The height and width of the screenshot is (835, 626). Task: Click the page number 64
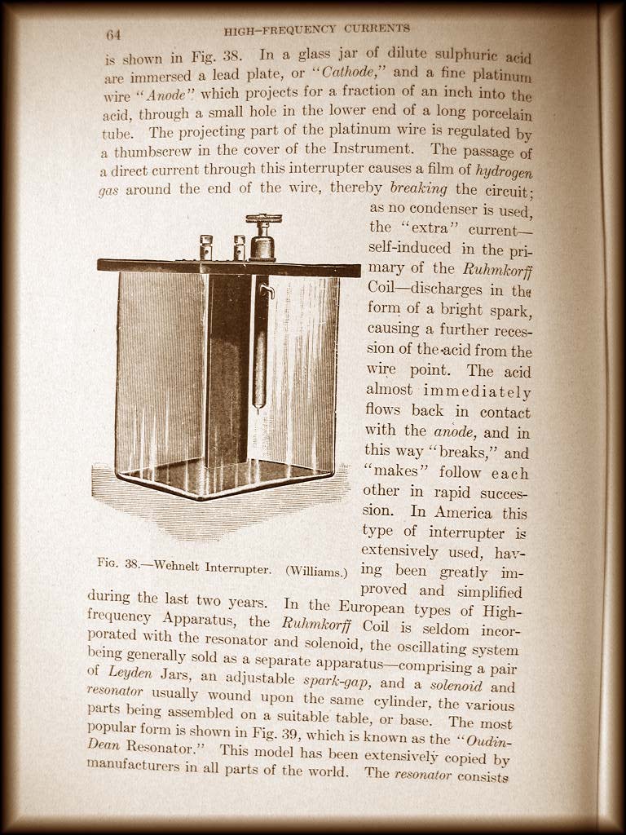[113, 35]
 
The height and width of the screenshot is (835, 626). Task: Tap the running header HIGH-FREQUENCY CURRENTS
[317, 30]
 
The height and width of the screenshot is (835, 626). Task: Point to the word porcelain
[497, 115]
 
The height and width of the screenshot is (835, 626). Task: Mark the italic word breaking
[419, 189]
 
